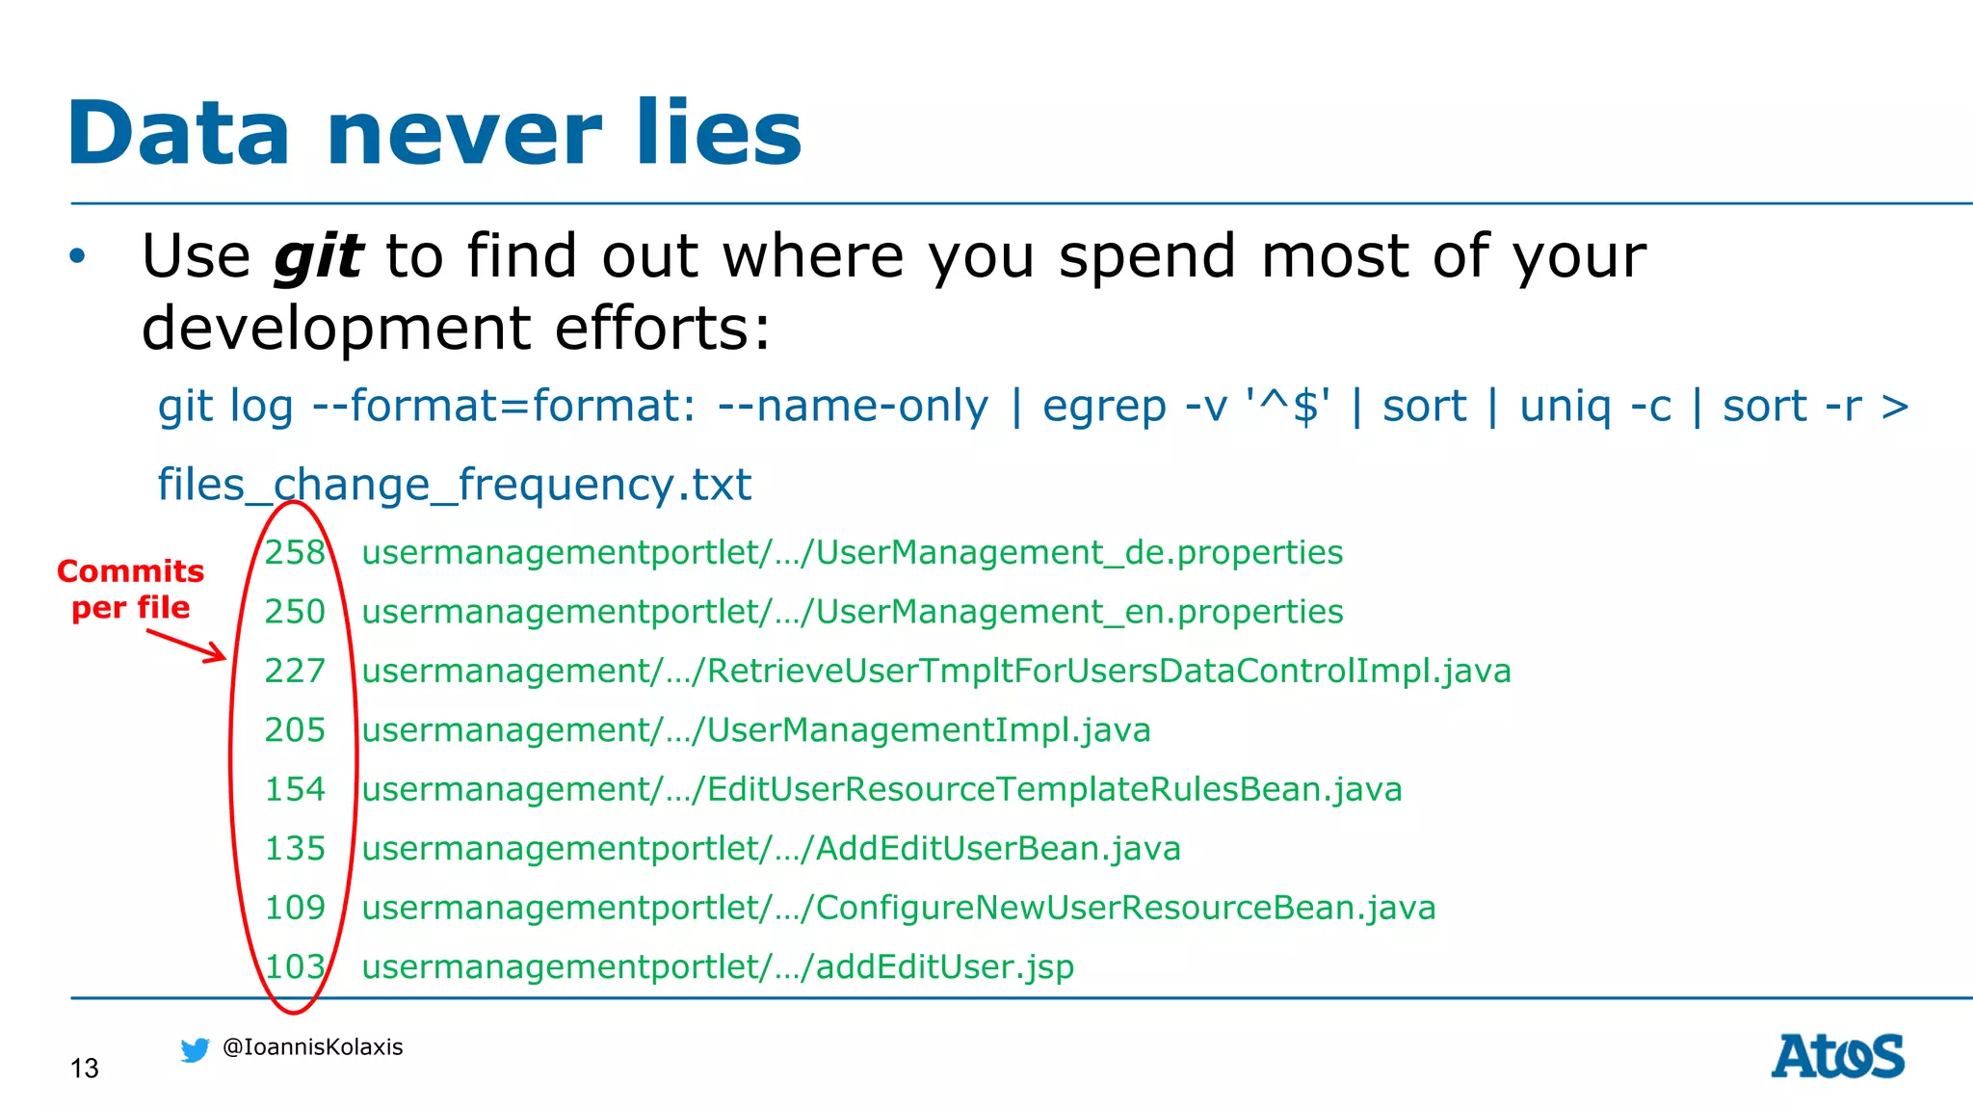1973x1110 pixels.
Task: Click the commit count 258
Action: coord(295,552)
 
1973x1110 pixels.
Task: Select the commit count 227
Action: coord(295,671)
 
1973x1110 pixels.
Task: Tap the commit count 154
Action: coord(295,789)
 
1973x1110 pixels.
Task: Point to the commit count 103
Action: coord(295,966)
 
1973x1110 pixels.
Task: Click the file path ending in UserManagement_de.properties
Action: coord(852,552)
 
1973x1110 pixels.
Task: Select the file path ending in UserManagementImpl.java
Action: coord(756,730)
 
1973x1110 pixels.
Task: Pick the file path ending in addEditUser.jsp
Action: coord(718,966)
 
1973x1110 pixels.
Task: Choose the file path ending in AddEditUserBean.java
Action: coord(771,849)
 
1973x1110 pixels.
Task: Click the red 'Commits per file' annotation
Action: coord(131,589)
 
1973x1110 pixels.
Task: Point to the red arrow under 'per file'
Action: coord(187,646)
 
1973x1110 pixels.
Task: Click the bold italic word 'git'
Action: coord(318,257)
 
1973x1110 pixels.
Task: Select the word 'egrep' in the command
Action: coord(1104,407)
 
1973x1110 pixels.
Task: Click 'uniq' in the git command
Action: coord(1565,407)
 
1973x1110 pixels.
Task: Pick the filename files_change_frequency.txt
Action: coord(454,484)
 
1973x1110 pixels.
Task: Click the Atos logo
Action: coord(1837,1056)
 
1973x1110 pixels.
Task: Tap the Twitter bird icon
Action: coord(195,1049)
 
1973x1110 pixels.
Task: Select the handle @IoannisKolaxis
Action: coord(312,1047)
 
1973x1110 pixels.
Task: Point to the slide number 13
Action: coord(85,1069)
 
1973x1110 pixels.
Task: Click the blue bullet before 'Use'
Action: coord(78,257)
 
